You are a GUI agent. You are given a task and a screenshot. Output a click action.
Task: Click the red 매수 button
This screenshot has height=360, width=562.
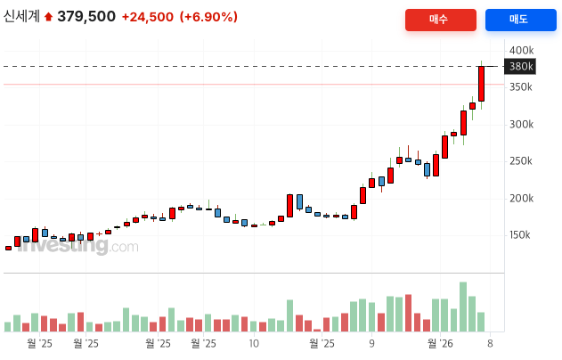pos(440,20)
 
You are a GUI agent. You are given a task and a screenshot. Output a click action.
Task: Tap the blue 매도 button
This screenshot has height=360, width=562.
pos(519,20)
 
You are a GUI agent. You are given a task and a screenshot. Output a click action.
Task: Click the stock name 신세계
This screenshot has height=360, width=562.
pos(21,17)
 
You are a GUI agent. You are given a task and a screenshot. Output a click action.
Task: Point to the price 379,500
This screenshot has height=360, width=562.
pos(86,17)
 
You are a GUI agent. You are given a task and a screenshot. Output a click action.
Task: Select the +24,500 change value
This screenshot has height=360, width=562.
pos(148,17)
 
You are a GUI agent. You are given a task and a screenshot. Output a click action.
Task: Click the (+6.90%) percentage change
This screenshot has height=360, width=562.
pos(208,17)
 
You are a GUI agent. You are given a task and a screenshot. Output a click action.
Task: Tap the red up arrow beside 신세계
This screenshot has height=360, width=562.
pos(49,17)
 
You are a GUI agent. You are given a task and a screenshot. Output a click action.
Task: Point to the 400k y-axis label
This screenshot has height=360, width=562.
pos(521,50)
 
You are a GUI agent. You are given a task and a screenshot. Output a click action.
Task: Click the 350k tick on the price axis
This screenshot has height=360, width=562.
pos(521,87)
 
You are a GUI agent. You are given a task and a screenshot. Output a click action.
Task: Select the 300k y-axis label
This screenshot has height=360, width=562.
pos(521,125)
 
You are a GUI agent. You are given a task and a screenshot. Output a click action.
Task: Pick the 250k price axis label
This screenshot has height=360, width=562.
pos(521,161)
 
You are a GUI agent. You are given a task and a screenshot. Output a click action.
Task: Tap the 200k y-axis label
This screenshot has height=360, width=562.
pos(521,199)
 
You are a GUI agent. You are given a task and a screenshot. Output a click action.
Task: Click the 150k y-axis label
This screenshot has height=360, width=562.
pos(521,235)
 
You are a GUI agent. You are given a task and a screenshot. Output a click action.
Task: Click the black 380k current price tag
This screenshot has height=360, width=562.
pos(520,66)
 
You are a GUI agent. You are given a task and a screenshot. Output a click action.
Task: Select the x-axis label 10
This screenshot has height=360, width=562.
pos(254,342)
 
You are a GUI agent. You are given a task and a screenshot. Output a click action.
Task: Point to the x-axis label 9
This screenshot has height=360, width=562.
pos(371,342)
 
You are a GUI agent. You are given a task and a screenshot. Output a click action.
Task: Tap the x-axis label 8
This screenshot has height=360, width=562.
pos(489,342)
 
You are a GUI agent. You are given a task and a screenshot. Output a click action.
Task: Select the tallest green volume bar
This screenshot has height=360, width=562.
pos(463,307)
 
